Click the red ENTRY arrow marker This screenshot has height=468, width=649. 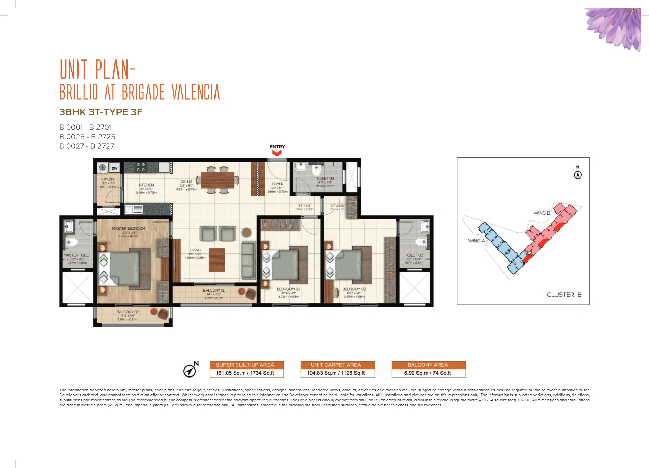(x=277, y=153)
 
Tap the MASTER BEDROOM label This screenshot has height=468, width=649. (x=129, y=229)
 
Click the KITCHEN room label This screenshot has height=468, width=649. (x=146, y=185)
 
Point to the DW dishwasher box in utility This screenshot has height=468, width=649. (x=114, y=168)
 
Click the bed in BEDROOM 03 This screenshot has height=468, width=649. (x=285, y=265)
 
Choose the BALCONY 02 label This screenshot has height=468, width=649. (x=128, y=312)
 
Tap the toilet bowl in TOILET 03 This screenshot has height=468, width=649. (x=316, y=171)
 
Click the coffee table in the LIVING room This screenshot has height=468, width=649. (x=217, y=260)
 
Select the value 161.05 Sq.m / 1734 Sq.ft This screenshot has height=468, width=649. (x=245, y=373)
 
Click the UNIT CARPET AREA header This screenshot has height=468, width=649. (x=336, y=365)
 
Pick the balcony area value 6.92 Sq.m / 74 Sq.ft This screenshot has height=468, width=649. (x=428, y=373)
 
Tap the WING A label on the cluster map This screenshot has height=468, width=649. (x=476, y=241)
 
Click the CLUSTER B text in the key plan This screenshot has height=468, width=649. (x=564, y=295)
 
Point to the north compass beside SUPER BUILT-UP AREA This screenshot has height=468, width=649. (x=190, y=370)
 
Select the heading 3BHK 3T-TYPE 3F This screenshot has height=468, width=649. (x=101, y=112)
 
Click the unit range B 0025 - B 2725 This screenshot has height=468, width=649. (x=87, y=137)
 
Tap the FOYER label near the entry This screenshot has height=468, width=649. (x=278, y=184)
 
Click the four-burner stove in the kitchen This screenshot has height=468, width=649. (x=141, y=167)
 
